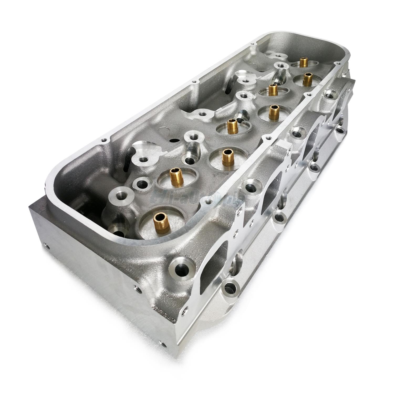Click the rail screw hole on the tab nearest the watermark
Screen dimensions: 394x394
pos(208,202)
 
